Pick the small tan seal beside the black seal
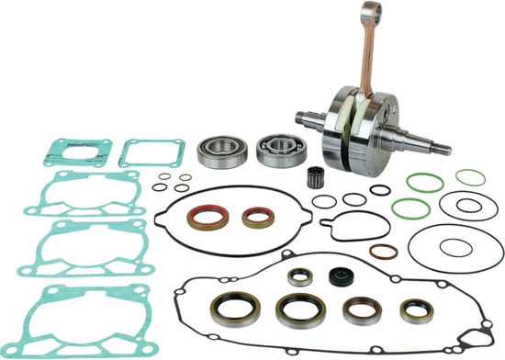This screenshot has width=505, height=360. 298,276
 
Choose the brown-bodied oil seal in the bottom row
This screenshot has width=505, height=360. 358,309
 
